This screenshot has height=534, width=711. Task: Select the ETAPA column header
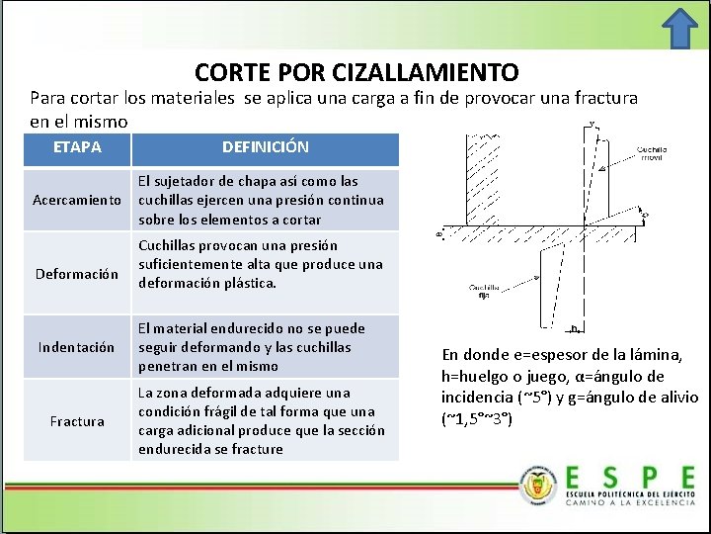tap(77, 147)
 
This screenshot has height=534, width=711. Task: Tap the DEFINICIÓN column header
tap(265, 147)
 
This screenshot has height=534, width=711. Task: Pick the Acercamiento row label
tap(77, 200)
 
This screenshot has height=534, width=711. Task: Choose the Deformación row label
tap(77, 273)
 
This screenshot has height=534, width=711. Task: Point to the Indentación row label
tap(77, 347)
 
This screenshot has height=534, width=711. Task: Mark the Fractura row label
tap(77, 421)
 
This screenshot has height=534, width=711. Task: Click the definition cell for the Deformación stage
tap(265, 264)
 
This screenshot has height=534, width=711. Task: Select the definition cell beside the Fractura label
tap(265, 421)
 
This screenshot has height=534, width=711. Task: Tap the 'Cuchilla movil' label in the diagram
tap(652, 153)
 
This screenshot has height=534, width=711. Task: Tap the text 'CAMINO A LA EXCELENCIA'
tap(630, 502)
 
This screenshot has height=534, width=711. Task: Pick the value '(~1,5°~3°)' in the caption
tap(477, 417)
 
